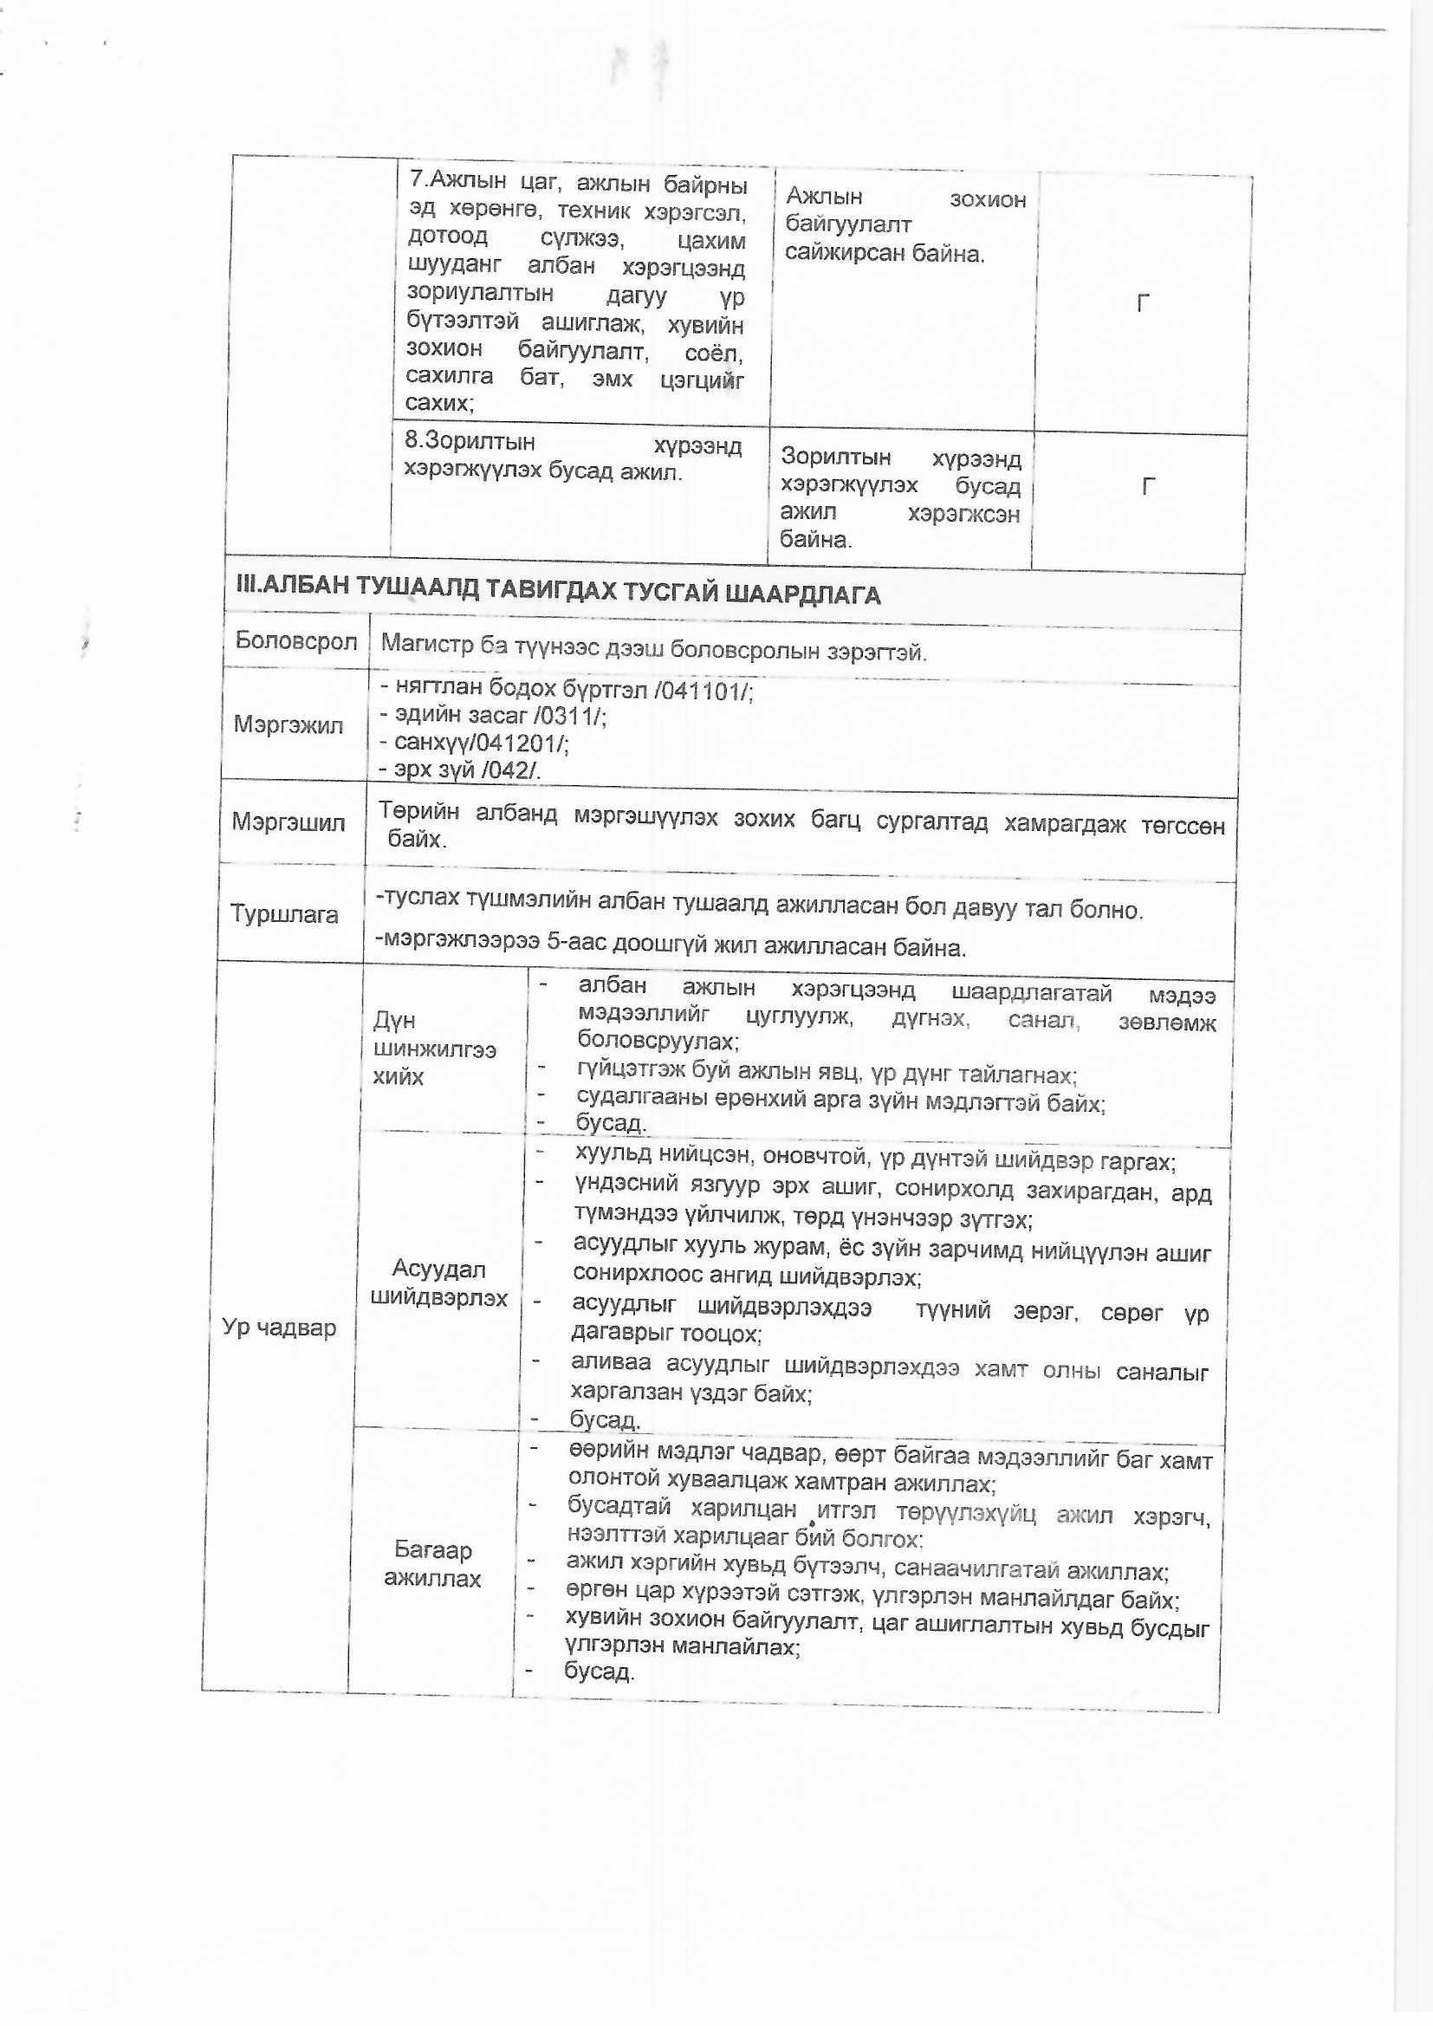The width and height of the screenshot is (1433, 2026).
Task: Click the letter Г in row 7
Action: tap(1143, 303)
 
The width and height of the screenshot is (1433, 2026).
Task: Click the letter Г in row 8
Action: tap(1148, 486)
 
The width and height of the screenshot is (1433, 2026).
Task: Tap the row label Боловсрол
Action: tap(295, 641)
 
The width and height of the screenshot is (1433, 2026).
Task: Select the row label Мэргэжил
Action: tap(288, 725)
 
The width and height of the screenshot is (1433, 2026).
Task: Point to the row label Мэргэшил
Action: tap(289, 823)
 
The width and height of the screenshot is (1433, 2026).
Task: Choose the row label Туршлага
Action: tap(284, 914)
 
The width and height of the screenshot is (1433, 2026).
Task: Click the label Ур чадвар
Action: tap(279, 1328)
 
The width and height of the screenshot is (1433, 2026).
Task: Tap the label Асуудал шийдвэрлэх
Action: tap(438, 1284)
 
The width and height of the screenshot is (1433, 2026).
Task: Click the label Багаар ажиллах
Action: tap(432, 1564)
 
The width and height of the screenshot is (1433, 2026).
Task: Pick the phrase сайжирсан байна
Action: tap(885, 254)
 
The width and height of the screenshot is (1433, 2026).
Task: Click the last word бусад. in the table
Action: tap(600, 1671)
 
